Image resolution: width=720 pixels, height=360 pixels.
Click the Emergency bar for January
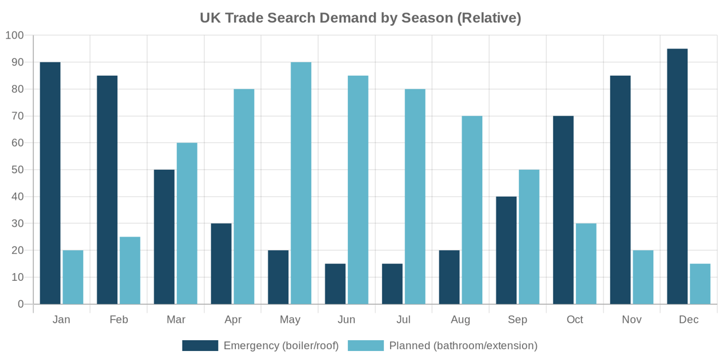(x=50, y=183)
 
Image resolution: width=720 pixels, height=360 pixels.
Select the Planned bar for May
(x=301, y=183)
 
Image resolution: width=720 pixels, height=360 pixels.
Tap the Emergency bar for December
(x=677, y=176)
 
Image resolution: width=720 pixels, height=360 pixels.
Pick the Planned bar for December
(x=700, y=284)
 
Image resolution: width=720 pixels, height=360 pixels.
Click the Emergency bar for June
(x=335, y=284)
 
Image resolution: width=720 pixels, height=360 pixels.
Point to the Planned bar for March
(x=187, y=223)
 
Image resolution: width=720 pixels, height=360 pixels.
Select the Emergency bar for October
(x=563, y=210)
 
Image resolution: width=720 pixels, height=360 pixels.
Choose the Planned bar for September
(x=529, y=237)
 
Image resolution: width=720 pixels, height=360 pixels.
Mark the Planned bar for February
(x=130, y=271)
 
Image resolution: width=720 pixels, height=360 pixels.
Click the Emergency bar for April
(x=221, y=263)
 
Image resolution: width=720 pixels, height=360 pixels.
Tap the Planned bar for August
(x=472, y=210)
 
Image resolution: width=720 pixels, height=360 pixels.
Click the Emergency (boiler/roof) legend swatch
(x=200, y=346)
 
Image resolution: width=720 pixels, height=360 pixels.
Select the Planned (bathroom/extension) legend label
(x=463, y=346)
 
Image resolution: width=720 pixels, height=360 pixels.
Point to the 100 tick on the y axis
(x=14, y=35)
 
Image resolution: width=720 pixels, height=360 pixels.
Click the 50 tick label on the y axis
(x=17, y=170)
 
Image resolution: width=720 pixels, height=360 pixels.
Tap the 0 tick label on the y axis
(x=21, y=304)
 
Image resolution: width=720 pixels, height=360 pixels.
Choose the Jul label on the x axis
(x=404, y=320)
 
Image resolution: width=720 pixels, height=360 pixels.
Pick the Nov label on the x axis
(x=632, y=320)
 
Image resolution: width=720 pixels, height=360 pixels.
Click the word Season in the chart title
(x=427, y=18)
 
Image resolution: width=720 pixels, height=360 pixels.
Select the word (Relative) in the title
(x=489, y=18)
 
